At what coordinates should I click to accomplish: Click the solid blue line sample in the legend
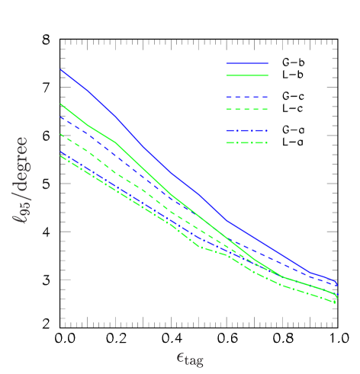pos(247,63)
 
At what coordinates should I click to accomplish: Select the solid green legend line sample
pos(247,75)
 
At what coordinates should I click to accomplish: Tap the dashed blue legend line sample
pos(247,97)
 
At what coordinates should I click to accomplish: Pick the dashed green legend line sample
pos(247,110)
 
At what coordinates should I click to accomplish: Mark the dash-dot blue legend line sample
pos(247,131)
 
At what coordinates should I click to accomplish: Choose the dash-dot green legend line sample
pos(247,143)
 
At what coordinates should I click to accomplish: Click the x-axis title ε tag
pos(190,357)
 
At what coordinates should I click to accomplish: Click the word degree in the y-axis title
pos(21,165)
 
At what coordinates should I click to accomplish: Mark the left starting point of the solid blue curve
pos(60,69)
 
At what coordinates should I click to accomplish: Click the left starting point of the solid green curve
pos(60,104)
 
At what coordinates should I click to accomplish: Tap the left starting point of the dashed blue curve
pos(60,117)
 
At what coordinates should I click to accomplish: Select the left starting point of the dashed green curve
pos(60,134)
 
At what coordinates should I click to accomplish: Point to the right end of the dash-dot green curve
pos(336,303)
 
